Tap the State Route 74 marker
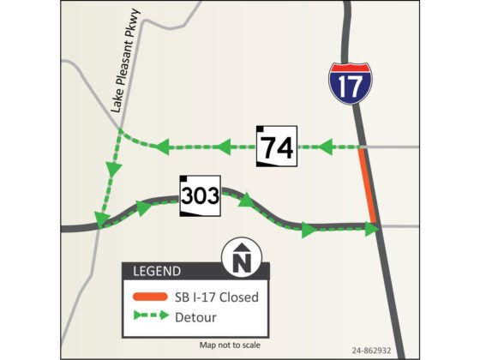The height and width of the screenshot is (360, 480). click(x=277, y=147)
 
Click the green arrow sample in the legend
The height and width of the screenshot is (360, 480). click(x=153, y=316)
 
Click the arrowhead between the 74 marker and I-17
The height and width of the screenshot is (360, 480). click(x=325, y=147)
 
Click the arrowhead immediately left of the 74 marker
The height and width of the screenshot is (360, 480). click(x=225, y=147)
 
